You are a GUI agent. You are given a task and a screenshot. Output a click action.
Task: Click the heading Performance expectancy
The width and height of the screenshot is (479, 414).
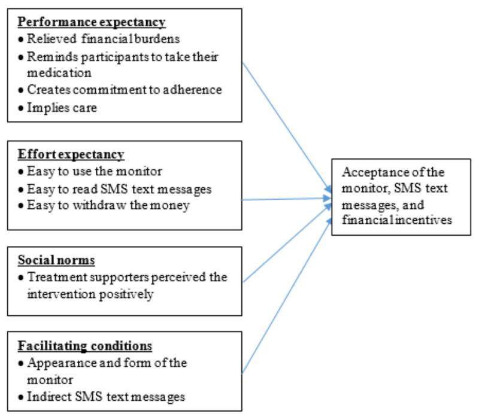pyautogui.click(x=92, y=23)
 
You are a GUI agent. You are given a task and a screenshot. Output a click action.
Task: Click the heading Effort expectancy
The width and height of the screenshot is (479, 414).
pyautogui.click(x=71, y=154)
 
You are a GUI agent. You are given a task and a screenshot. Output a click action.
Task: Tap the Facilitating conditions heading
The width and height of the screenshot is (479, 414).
pyautogui.click(x=84, y=346)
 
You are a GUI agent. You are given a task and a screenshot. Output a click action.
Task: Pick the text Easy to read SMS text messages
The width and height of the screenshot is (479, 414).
pyautogui.click(x=116, y=189)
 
